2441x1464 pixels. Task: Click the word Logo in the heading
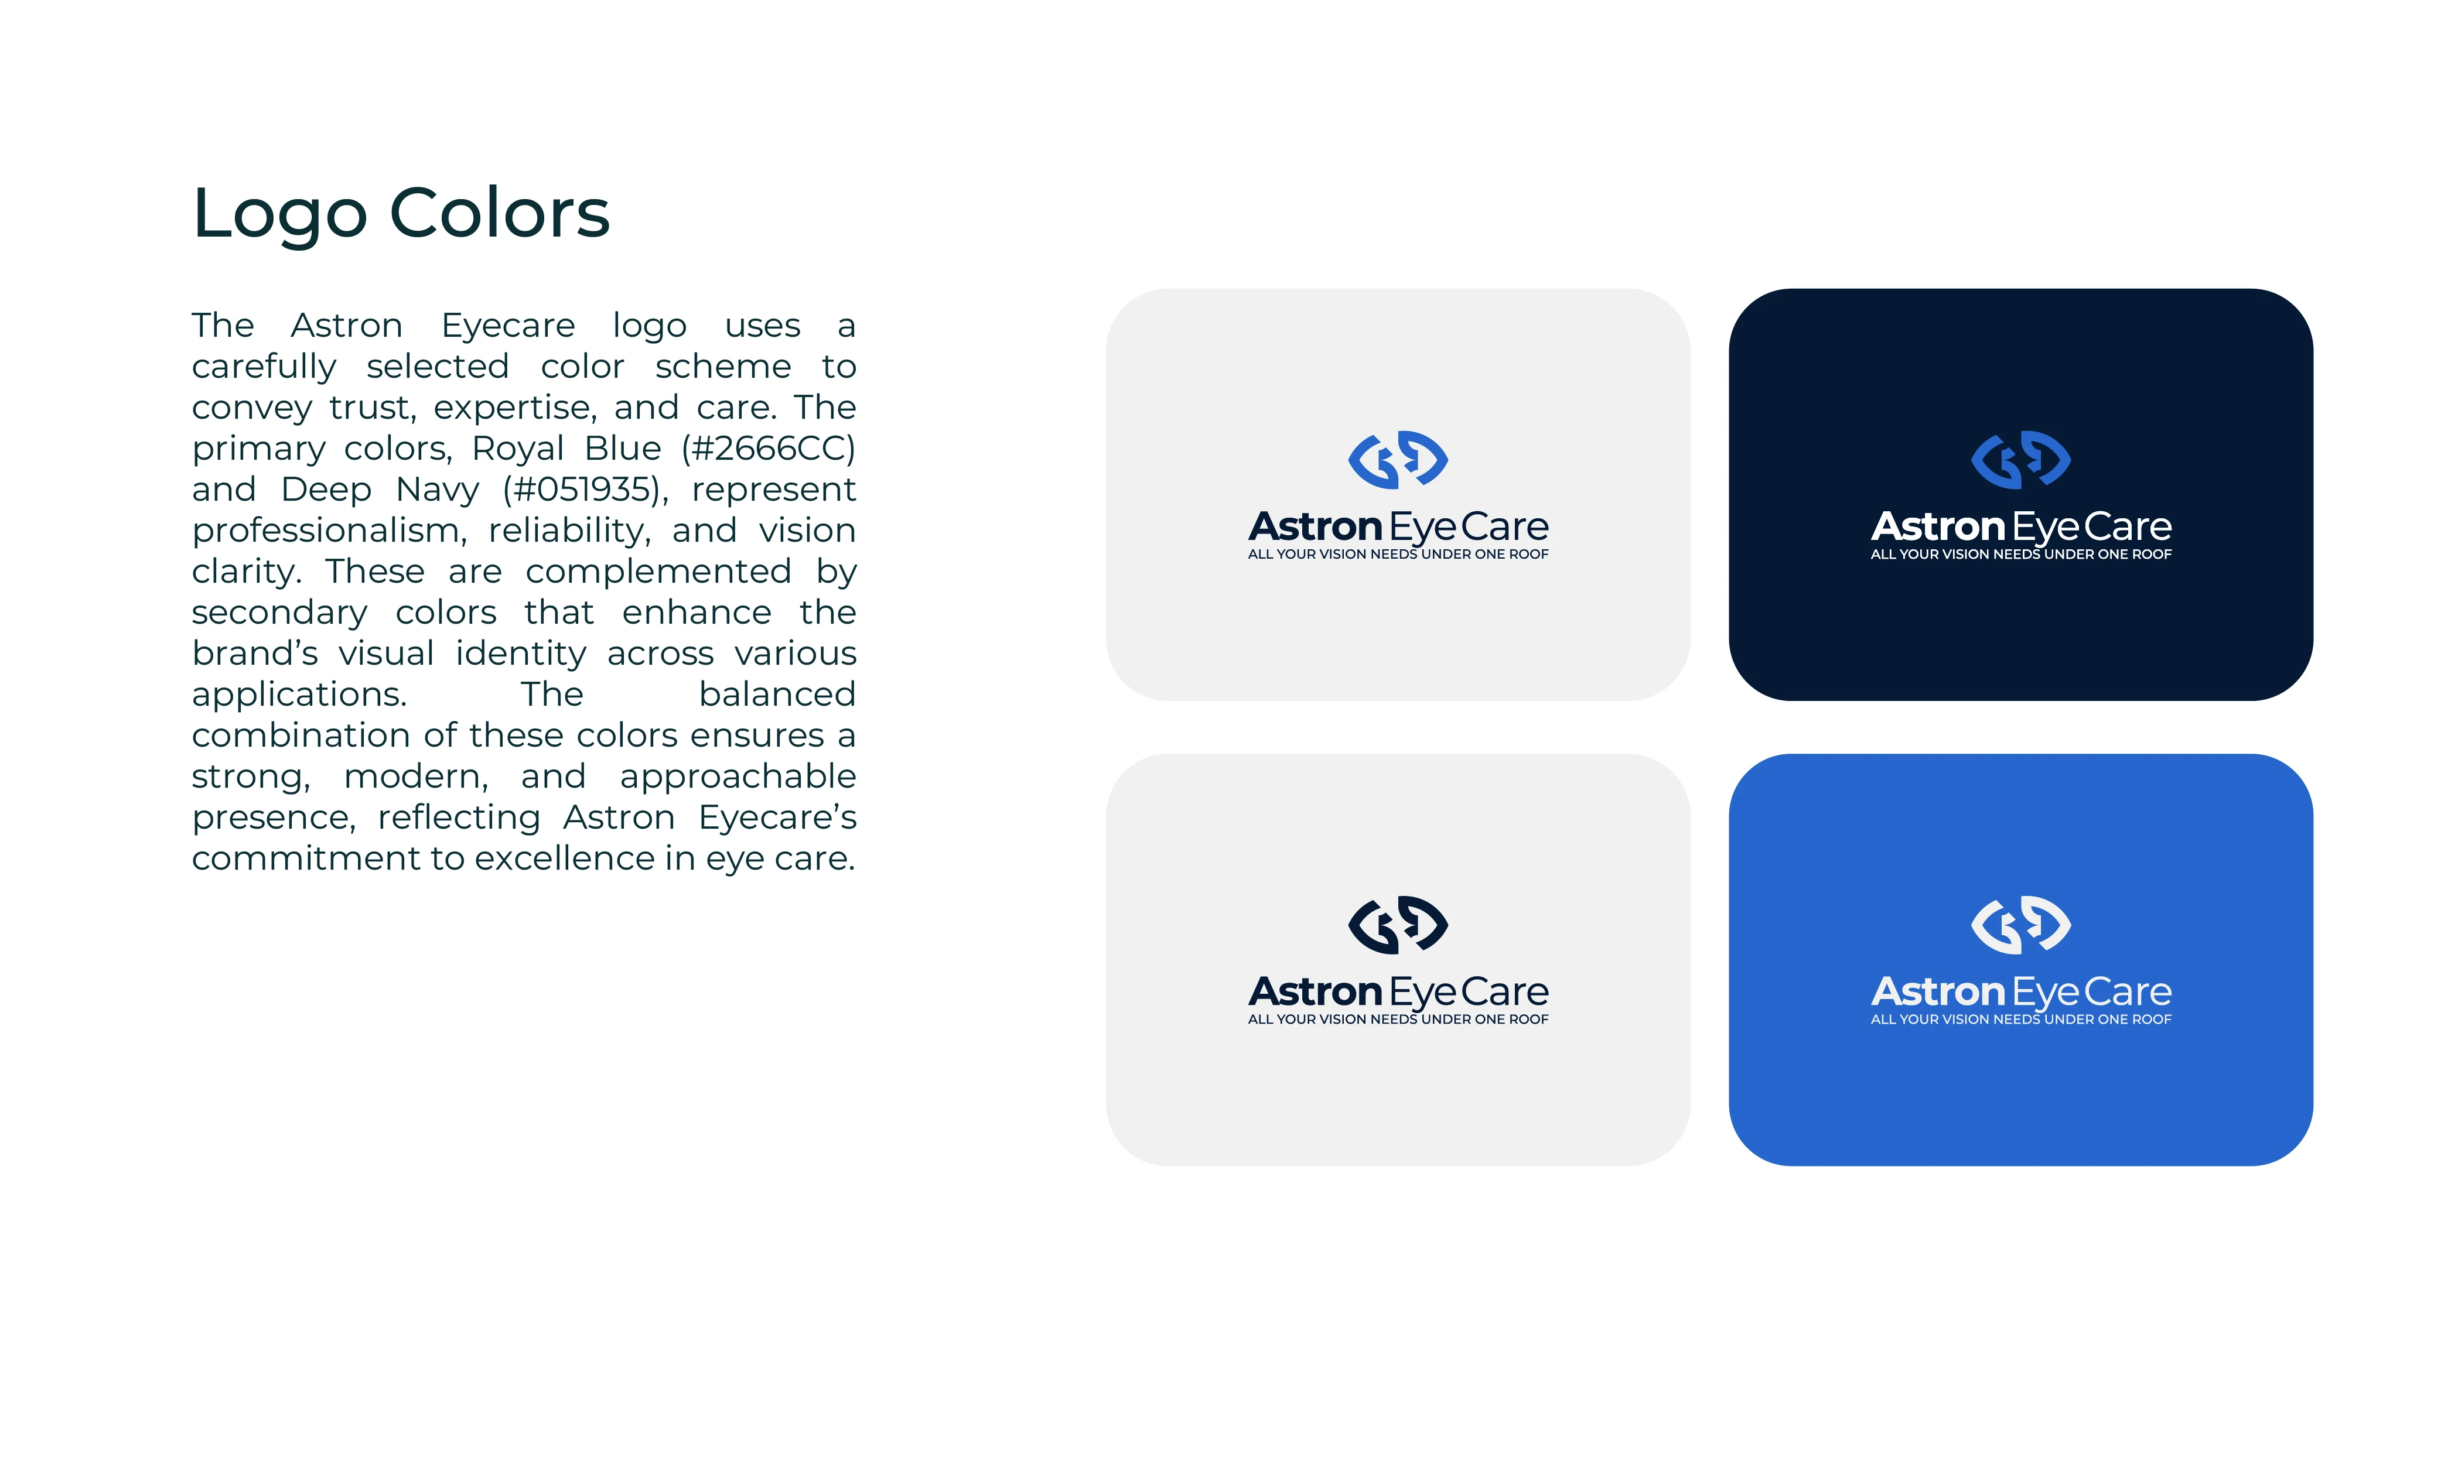(x=280, y=215)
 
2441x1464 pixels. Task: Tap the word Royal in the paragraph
(x=518, y=450)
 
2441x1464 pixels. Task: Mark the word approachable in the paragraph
(x=738, y=777)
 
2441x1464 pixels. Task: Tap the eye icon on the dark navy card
(x=2020, y=460)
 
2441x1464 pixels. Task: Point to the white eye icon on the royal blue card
(x=2020, y=925)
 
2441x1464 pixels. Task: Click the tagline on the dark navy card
(x=2020, y=555)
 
